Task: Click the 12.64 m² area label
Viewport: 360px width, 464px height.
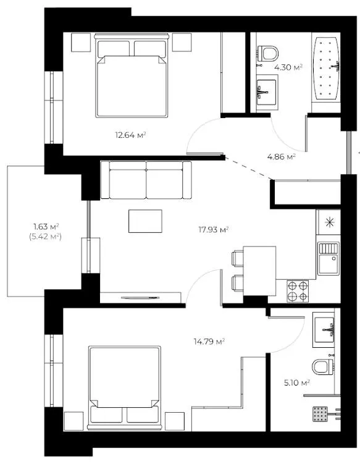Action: click(130, 135)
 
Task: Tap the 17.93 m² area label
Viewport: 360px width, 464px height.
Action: click(213, 230)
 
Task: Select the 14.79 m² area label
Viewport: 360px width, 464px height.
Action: click(209, 342)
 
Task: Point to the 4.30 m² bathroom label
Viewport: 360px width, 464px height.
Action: click(288, 67)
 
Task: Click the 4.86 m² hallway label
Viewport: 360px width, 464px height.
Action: click(282, 157)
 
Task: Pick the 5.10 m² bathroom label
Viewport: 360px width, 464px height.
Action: click(296, 383)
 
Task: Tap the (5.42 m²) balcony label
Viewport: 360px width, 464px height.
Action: click(45, 237)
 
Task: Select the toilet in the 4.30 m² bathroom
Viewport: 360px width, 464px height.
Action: click(268, 54)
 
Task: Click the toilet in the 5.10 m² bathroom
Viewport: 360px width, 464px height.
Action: click(323, 366)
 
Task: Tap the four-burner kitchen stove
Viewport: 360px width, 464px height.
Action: click(298, 291)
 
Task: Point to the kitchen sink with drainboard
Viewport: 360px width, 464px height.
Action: click(329, 258)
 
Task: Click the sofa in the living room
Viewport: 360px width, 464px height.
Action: click(146, 180)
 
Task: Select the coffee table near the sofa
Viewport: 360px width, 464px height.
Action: click(145, 221)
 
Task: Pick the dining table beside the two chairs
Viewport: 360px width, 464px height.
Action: click(259, 271)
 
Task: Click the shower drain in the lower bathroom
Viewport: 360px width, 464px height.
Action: click(320, 414)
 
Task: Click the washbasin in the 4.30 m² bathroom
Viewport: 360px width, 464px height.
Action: click(267, 92)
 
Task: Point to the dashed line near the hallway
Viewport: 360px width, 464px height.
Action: click(249, 168)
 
